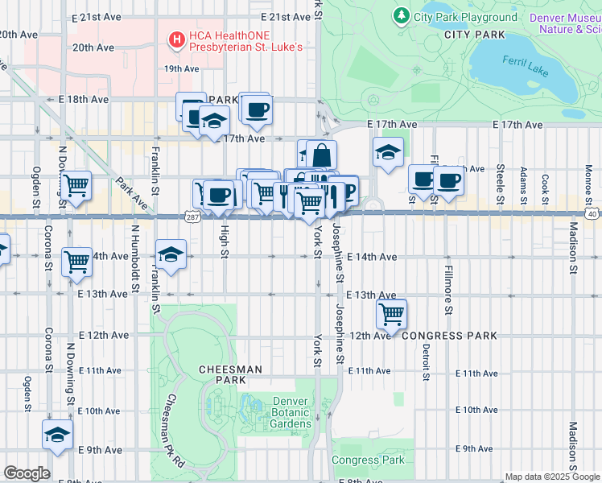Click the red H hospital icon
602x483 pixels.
click(176, 39)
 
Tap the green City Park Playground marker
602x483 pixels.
click(401, 15)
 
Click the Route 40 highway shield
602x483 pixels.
click(592, 214)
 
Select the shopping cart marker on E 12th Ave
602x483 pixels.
click(391, 314)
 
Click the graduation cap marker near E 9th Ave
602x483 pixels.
click(57, 435)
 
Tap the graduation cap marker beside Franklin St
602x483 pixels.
click(171, 254)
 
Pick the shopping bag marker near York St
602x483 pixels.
click(321, 155)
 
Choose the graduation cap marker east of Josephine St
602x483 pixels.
click(388, 153)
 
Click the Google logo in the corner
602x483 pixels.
click(27, 473)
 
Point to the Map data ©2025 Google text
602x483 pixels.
click(551, 477)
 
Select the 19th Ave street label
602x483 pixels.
click(181, 69)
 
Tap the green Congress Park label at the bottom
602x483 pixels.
click(369, 460)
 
